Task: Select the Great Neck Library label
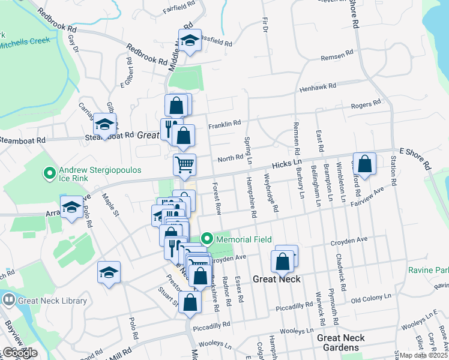(52, 301)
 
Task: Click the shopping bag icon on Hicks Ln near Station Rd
(364, 163)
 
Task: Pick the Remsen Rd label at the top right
(337, 55)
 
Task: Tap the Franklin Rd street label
(224, 124)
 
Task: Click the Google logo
(20, 353)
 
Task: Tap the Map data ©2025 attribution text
(424, 355)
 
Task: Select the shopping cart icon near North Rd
(185, 163)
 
